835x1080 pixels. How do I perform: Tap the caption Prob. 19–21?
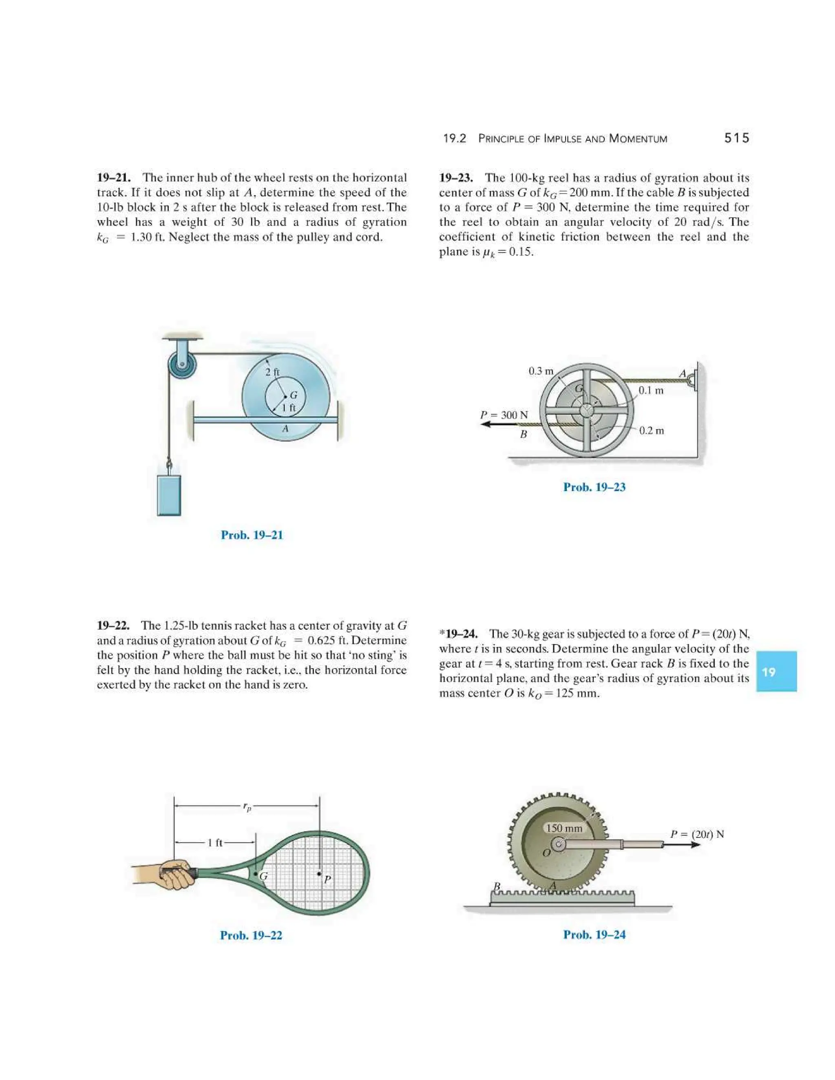pos(252,535)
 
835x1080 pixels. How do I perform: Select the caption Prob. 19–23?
pos(594,487)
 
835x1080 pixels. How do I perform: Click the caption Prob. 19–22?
pos(251,935)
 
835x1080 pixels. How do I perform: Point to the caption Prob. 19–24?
pos(594,935)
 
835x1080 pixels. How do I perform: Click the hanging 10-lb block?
pos(169,495)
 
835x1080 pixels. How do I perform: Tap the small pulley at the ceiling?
pos(181,366)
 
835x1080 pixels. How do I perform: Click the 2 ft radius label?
pos(272,372)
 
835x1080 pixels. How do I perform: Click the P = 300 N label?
pos(504,415)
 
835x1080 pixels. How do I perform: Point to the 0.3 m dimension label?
pos(541,371)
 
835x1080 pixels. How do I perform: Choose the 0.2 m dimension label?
pos(651,431)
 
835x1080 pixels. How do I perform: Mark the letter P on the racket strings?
pos(327,880)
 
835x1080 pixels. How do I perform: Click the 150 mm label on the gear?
pos(564,828)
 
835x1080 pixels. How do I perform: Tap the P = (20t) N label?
pos(696,834)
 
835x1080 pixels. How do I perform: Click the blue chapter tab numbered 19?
pos(776,671)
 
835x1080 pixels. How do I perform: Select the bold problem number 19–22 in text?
pos(113,626)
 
